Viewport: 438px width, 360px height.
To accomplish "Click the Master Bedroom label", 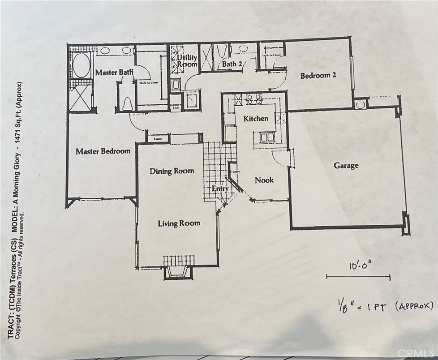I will pos(103,151).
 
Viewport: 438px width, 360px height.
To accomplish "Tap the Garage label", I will pos(346,166).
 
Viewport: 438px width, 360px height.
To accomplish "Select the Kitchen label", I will pos(256,119).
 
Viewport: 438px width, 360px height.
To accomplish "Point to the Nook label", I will pos(264,180).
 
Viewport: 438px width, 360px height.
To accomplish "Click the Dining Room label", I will pos(172,171).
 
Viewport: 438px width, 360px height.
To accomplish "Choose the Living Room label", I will pos(179,223).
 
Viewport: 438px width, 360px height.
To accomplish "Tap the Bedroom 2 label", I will pos(318,76).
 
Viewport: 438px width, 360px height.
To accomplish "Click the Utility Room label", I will pos(187,61).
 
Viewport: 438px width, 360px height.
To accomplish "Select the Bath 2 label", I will pos(232,64).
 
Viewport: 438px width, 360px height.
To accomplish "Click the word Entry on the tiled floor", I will pos(220,189).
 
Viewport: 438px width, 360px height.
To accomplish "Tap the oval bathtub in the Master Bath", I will pos(81,66).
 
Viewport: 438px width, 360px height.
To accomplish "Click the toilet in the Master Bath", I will pos(127,103).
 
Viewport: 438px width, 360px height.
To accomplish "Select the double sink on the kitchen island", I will pos(265,137).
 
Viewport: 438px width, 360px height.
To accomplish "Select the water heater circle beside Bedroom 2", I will pos(360,104).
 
